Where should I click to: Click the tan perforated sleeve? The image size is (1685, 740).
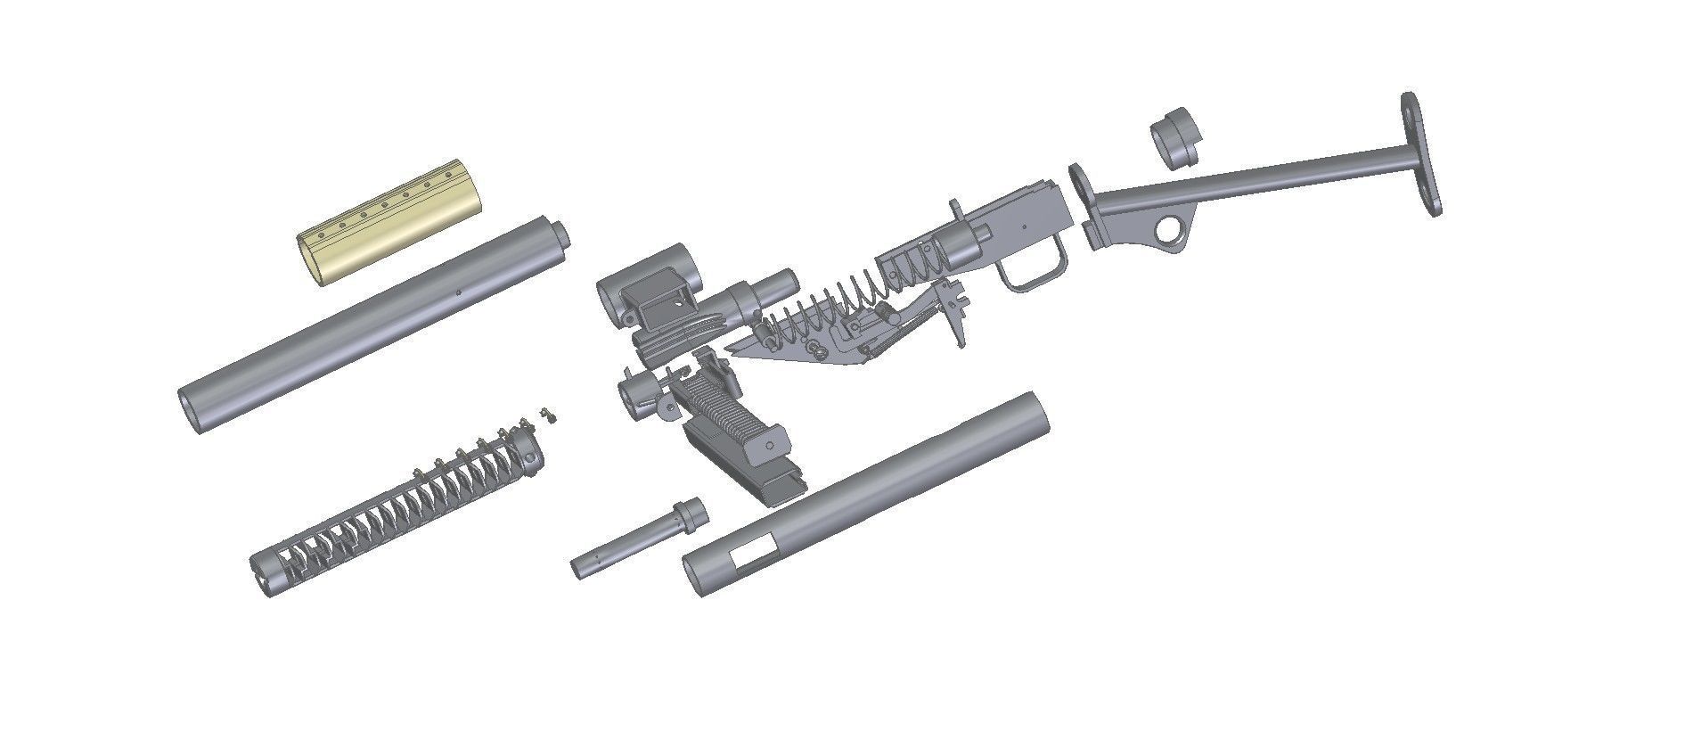pos(389,227)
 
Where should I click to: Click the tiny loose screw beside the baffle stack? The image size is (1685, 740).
pos(550,415)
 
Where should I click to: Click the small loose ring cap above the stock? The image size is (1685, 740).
pos(1176,139)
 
